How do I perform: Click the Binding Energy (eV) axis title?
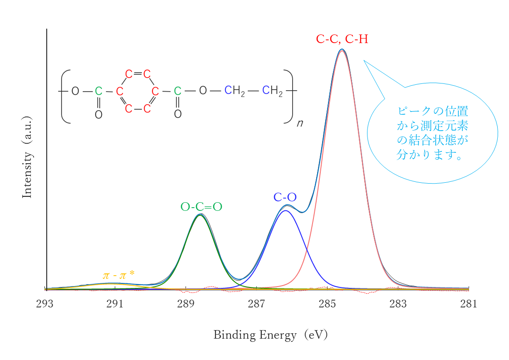coord(270,335)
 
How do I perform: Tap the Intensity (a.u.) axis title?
coord(27,157)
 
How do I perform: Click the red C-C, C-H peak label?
coord(342,39)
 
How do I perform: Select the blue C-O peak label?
coord(285,197)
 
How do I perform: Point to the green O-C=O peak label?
coord(201,207)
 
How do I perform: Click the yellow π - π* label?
coord(118,275)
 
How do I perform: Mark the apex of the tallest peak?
coord(342,49)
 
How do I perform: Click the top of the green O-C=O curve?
coord(200,215)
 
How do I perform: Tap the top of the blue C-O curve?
coord(285,210)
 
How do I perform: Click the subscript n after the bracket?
coord(300,123)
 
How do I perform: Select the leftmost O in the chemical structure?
coord(75,92)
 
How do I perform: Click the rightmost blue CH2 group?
coord(272,91)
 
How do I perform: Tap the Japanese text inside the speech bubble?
coord(432,133)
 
